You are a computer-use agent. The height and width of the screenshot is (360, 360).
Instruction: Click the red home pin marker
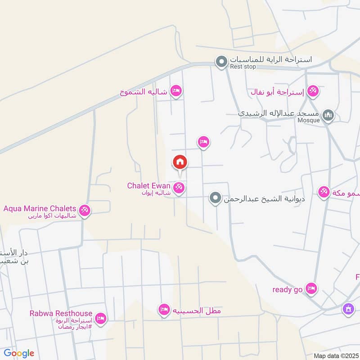tap(180, 162)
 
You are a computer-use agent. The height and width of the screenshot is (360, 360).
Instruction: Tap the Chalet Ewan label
tap(148, 185)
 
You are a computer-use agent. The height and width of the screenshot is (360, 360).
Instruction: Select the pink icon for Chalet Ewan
tap(179, 189)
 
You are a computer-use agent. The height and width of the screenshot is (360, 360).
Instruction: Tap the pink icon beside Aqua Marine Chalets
tap(84, 210)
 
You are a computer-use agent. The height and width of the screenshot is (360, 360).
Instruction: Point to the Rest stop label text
tap(243, 67)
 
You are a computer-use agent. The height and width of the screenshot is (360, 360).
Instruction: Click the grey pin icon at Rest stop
tap(221, 62)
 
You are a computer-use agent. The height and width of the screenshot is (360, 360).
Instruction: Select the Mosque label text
tap(308, 120)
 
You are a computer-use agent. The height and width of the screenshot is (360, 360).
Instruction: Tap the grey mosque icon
tap(329, 116)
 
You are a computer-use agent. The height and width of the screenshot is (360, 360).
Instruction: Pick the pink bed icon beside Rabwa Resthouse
tap(101, 318)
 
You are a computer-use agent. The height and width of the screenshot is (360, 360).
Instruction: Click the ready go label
tap(287, 289)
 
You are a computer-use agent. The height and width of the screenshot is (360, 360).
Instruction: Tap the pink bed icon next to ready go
tap(311, 288)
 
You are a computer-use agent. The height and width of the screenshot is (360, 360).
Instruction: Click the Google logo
tap(19, 353)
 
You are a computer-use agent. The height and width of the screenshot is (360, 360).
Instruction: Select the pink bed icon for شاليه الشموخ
tap(176, 91)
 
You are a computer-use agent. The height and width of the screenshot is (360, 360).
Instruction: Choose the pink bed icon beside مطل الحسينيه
tap(164, 309)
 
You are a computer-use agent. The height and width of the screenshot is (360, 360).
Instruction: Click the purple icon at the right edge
tap(347, 309)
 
